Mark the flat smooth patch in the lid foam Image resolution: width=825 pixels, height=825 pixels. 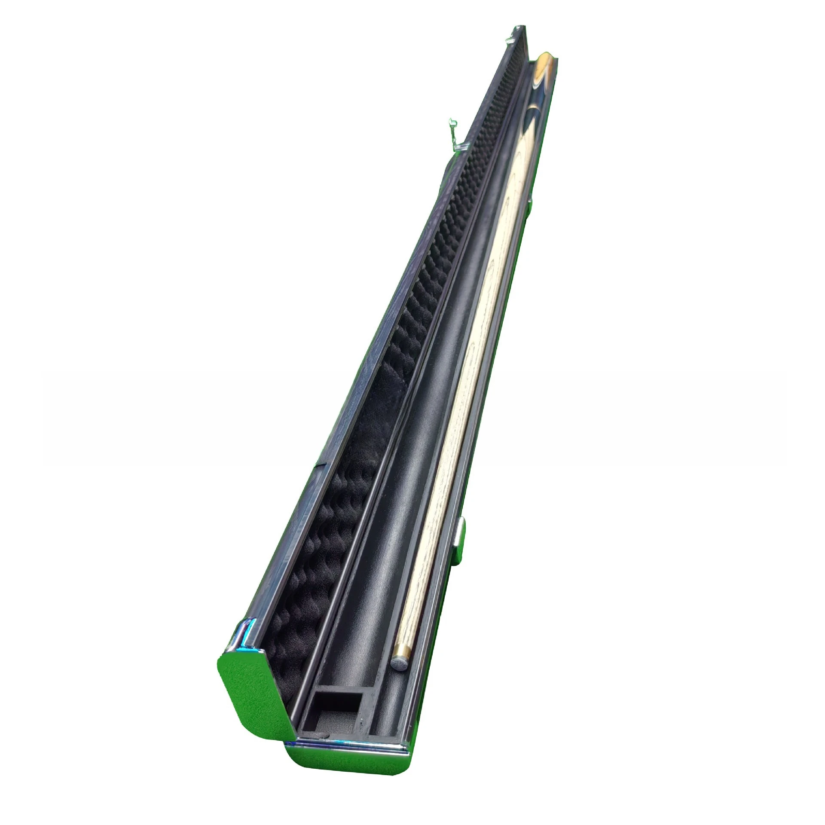click(x=378, y=430)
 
